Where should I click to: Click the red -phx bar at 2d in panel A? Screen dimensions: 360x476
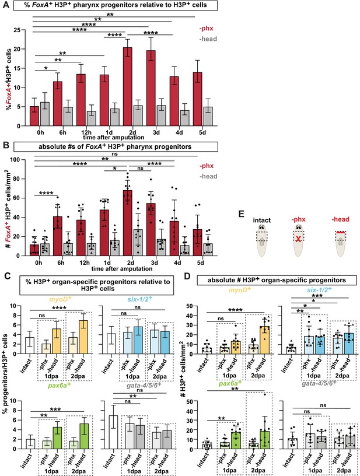pos(127,86)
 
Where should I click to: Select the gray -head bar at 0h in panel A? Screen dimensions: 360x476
pos(44,114)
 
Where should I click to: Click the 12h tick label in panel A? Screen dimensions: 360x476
pos(86,132)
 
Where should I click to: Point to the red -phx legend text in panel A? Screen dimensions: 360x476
pos(207,29)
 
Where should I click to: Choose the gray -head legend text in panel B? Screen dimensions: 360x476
pos(208,176)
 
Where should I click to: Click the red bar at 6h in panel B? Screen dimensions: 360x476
pos(58,236)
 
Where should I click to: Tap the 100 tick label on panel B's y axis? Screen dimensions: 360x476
pos(15,160)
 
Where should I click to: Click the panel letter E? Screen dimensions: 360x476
pos(242,214)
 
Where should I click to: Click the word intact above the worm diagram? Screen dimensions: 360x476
pos(261,220)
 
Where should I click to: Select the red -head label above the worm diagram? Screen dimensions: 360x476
pos(341,219)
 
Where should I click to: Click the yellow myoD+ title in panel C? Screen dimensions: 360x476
pos(62,299)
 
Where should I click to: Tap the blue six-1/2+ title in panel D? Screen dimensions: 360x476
pos(319,289)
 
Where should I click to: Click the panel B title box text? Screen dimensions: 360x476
pos(115,146)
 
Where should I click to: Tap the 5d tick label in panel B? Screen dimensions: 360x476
pos(201,262)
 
